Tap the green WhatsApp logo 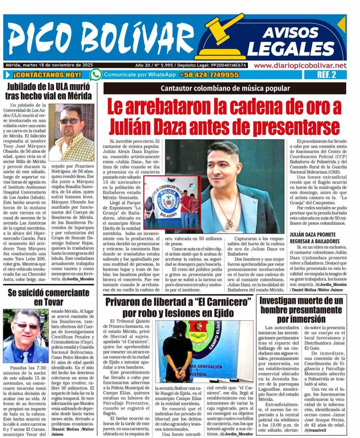pyautogui.click(x=96, y=75)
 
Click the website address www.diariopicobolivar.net pyautogui.click(x=300, y=65)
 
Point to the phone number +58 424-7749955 pyautogui.click(x=209, y=75)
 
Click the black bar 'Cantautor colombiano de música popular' pyautogui.click(x=225, y=89)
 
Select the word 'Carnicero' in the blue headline pyautogui.click(x=226, y=302)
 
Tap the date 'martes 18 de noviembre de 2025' pyautogui.click(x=52, y=65)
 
